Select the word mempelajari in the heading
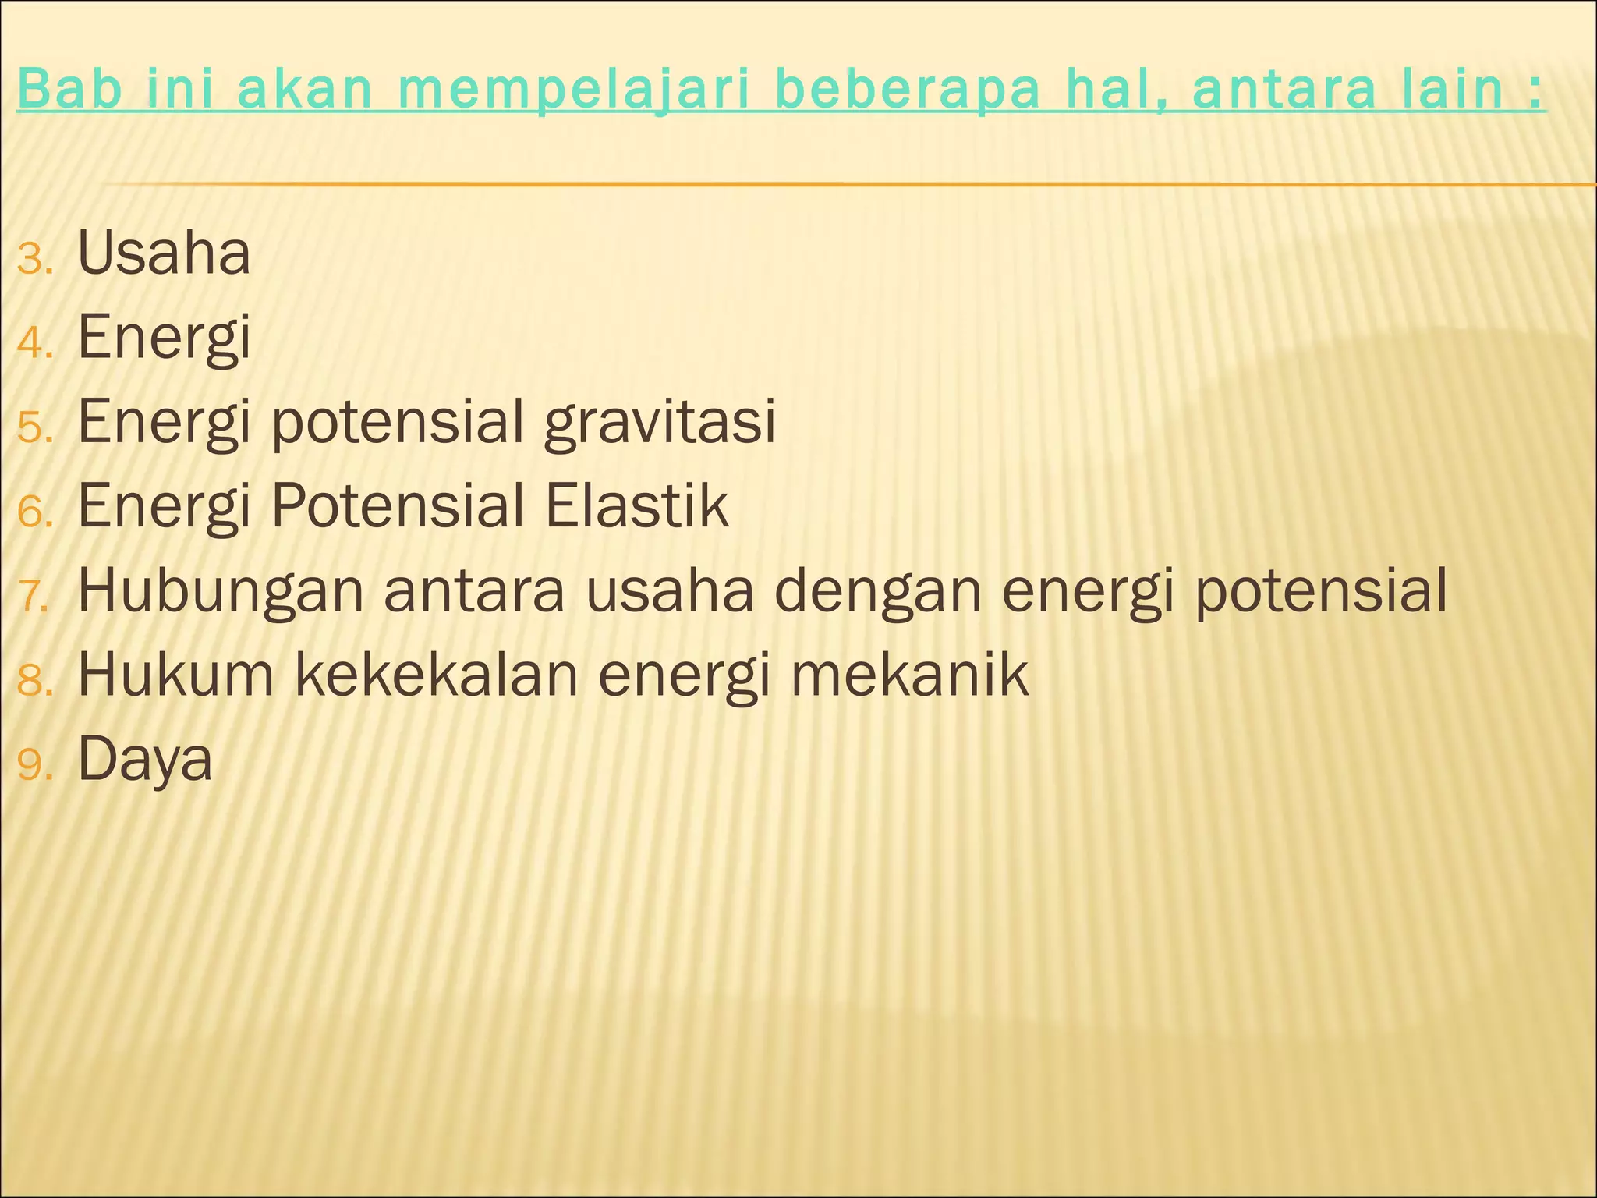[574, 90]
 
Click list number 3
[34, 259]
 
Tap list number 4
[34, 343]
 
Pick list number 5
[34, 428]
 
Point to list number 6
[34, 512]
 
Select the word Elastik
[636, 506]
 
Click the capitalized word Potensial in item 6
[397, 506]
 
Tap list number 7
[34, 597]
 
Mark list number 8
[34, 681]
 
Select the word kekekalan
[437, 675]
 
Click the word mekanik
[909, 675]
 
